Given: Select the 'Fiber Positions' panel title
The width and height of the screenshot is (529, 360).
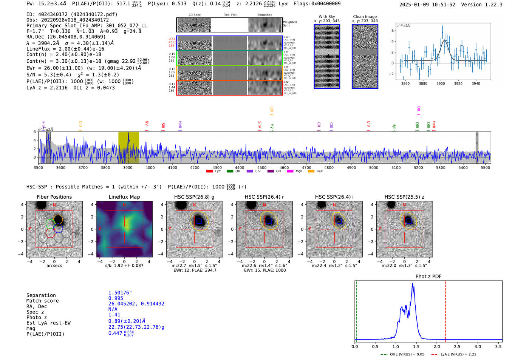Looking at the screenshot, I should coord(54,197).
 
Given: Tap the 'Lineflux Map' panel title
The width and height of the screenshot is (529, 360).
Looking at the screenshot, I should coord(124,197).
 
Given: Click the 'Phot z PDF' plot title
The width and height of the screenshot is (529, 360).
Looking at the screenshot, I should coord(428,277).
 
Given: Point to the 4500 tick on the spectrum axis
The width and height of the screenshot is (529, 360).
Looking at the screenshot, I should coord(262,167).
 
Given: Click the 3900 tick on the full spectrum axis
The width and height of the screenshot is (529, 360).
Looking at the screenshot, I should coord(128,167).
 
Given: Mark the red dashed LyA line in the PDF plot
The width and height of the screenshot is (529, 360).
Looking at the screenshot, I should coord(445,310).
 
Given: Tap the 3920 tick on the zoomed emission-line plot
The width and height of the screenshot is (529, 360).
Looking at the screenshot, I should coord(458,83).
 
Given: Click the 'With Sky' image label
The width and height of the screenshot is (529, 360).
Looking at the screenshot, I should coord(327,17).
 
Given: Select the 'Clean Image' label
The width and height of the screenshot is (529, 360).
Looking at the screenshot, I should coord(365,17).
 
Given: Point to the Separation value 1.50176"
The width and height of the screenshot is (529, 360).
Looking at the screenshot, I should coord(120,293).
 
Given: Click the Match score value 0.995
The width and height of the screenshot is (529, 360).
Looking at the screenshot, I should coord(116,298).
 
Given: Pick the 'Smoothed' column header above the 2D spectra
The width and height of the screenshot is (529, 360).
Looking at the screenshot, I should coord(264,15).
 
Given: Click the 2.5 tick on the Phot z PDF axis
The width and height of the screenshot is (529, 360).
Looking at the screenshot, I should coord(457,346).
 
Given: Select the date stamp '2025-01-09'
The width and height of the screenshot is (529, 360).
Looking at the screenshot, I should coord(414,5).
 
